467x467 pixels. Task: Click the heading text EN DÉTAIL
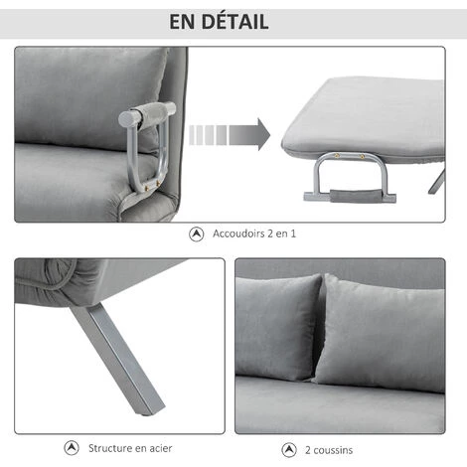[219, 22]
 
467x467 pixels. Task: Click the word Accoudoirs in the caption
[238, 233]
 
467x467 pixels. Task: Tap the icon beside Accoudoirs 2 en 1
[197, 234]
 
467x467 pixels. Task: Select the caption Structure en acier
[130, 448]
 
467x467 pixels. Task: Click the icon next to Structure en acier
[72, 448]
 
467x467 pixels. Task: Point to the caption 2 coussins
[329, 450]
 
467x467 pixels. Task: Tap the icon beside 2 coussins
[289, 450]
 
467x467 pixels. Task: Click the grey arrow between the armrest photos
[230, 135]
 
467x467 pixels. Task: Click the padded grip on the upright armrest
[154, 111]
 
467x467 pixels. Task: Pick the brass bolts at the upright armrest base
[153, 186]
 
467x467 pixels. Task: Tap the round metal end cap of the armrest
[126, 119]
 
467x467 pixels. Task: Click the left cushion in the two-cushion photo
[277, 328]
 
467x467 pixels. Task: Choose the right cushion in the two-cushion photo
[381, 333]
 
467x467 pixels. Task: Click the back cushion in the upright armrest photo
[89, 97]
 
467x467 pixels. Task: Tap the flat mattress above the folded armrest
[363, 117]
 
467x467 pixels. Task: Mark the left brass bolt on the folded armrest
[337, 156]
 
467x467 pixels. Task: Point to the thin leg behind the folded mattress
[436, 181]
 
